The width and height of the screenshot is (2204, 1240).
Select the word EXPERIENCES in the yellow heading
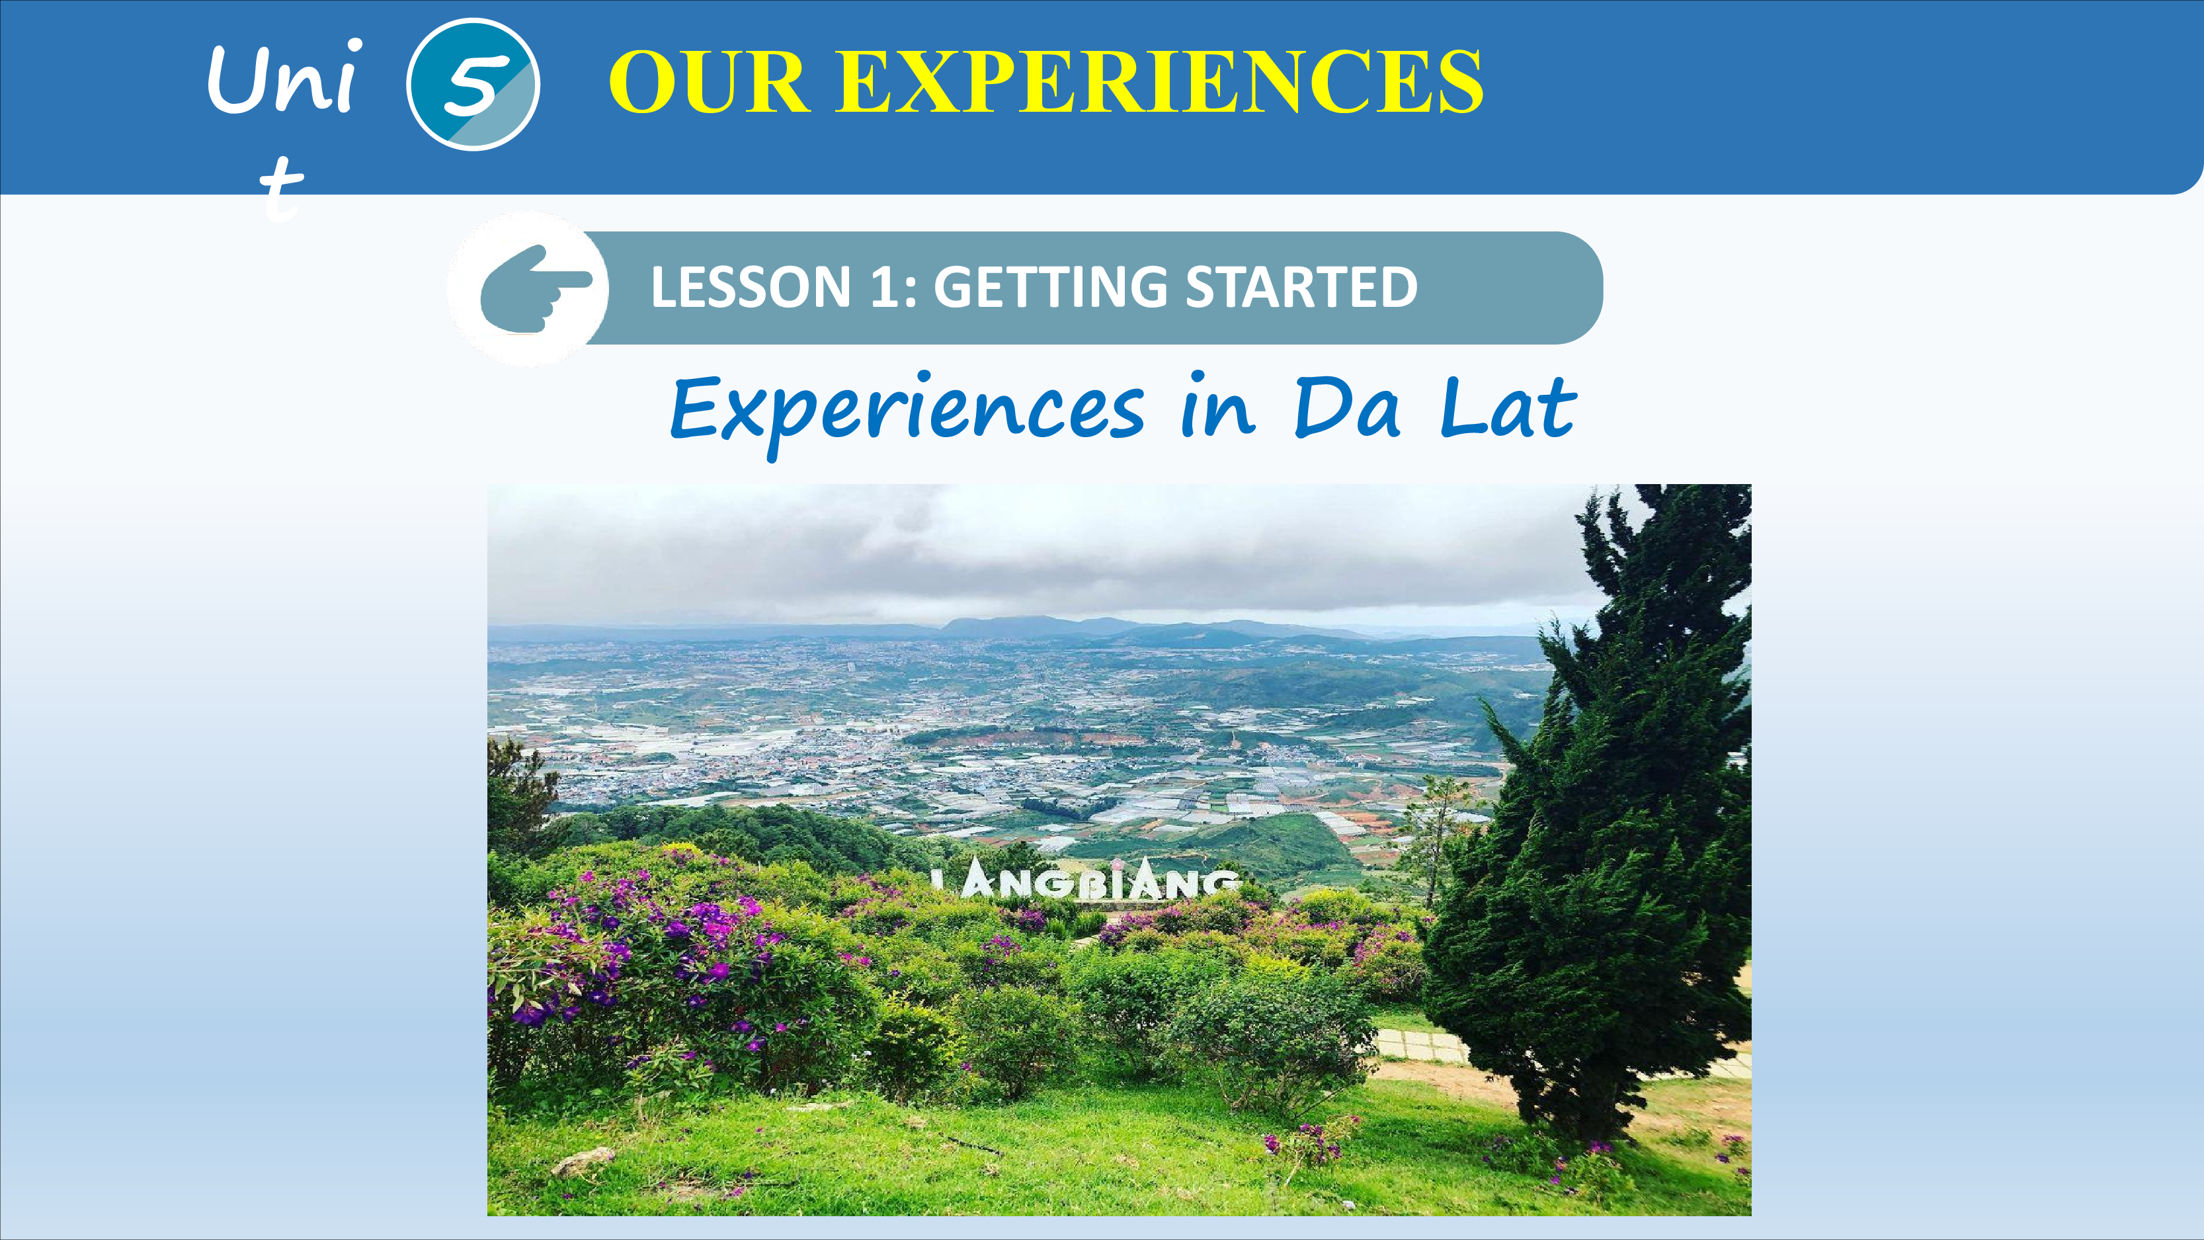pyautogui.click(x=1159, y=82)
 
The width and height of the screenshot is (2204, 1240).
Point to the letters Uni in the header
pyautogui.click(x=283, y=78)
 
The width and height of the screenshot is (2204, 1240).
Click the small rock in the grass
pyautogui.click(x=583, y=1161)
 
